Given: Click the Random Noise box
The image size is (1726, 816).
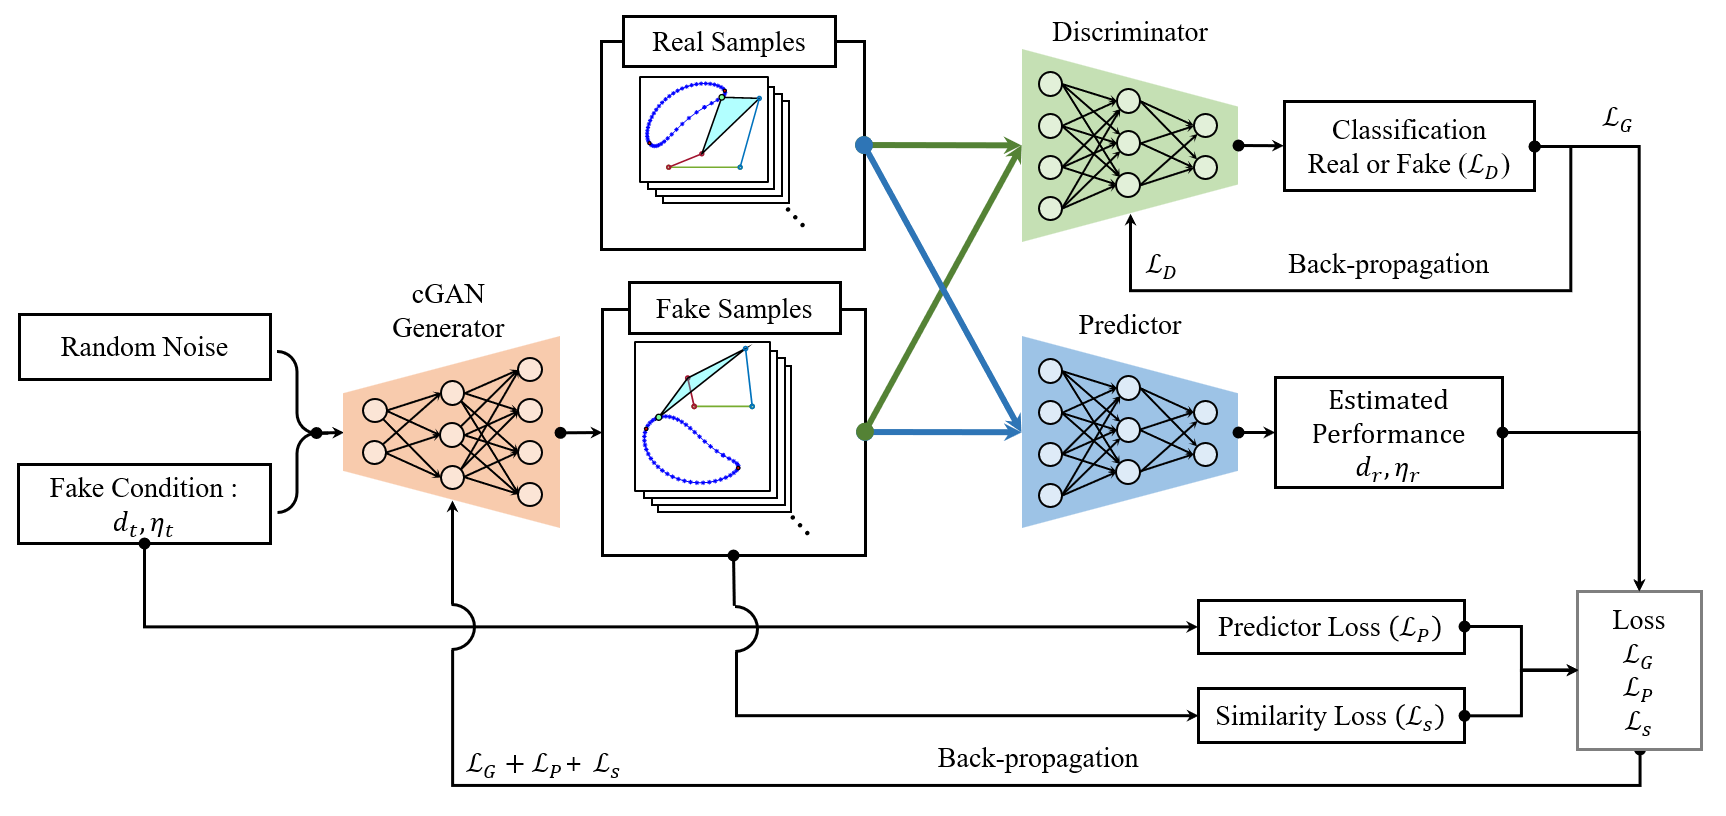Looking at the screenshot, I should (144, 347).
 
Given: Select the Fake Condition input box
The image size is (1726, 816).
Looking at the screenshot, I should (144, 504).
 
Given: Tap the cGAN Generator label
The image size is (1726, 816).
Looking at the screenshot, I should (448, 311).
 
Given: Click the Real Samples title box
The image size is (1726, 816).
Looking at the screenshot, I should (728, 42).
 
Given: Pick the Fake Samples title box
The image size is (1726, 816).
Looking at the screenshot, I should (734, 309).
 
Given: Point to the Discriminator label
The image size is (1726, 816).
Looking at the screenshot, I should (1129, 33).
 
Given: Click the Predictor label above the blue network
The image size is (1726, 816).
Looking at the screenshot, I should (1129, 325).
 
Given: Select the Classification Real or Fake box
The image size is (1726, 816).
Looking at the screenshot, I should (1408, 146).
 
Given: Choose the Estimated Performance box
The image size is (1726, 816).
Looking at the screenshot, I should (1388, 432).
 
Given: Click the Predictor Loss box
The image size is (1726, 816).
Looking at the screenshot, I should (1330, 627).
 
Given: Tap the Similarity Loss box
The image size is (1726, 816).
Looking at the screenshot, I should (1330, 716).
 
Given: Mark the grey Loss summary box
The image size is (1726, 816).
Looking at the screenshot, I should (1638, 670).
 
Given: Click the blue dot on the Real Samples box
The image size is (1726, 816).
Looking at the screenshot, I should (864, 145).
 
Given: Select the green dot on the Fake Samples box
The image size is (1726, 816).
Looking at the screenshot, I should (865, 432).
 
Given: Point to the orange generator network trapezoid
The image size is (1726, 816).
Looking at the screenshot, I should (452, 432).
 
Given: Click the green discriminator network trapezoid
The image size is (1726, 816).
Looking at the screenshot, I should (1128, 146).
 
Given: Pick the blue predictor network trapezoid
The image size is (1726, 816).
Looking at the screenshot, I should (1128, 432).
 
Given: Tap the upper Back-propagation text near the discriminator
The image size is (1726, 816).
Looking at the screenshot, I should (1388, 265).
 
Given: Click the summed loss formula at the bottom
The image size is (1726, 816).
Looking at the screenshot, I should (543, 766).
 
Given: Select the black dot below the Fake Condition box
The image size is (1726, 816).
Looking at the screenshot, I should (145, 544).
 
